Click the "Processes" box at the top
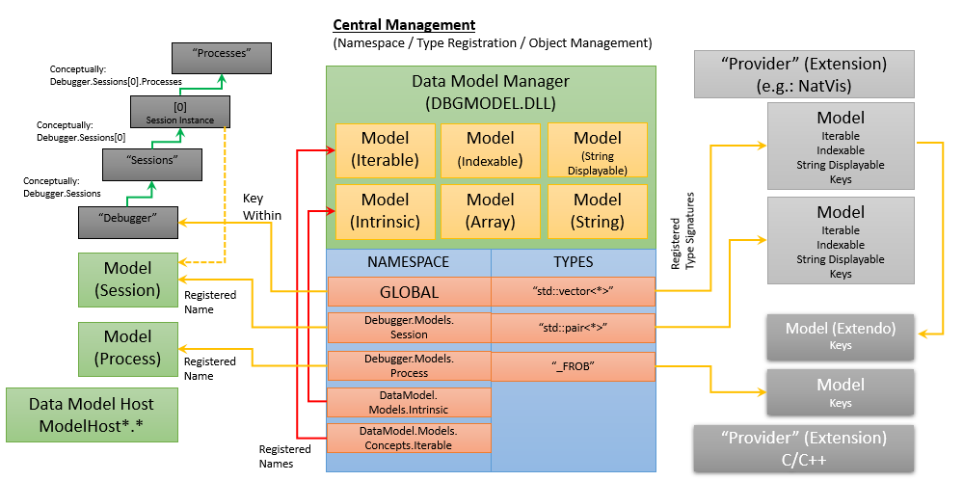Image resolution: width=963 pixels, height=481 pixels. [222, 58]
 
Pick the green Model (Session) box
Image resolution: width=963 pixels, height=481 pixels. [127, 280]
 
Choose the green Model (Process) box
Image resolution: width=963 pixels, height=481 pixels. [127, 347]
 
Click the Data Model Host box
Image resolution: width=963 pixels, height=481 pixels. [91, 414]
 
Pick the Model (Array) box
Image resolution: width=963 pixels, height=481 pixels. [491, 210]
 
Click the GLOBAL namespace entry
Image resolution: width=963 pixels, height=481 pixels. [409, 292]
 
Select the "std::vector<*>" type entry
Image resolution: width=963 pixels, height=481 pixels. [574, 291]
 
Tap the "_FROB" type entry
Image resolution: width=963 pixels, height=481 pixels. [574, 366]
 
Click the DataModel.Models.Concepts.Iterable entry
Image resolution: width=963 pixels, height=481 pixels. [409, 438]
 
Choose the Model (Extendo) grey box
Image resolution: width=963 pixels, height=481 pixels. [841, 334]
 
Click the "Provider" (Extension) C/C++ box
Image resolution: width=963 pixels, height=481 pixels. [803, 448]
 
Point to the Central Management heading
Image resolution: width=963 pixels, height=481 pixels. [404, 24]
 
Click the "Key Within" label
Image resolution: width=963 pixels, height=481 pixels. [261, 208]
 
